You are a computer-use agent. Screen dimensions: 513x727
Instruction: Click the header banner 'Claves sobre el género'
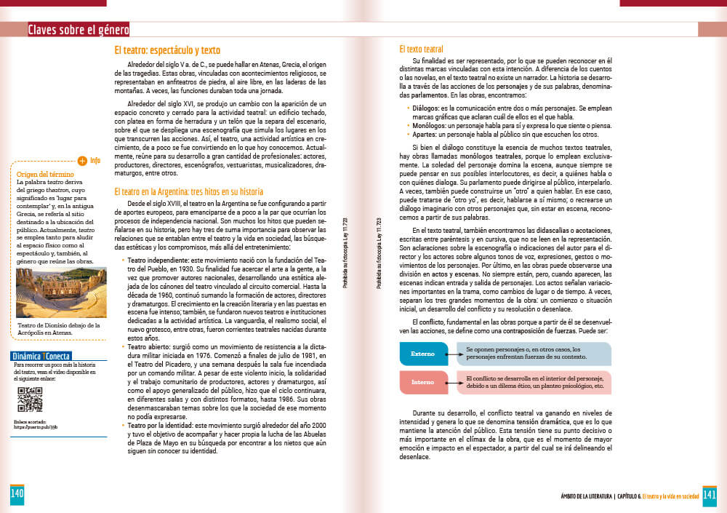[x=78, y=30]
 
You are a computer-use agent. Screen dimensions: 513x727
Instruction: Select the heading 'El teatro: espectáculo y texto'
[x=167, y=50]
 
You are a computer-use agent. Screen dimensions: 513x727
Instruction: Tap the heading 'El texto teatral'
[x=427, y=49]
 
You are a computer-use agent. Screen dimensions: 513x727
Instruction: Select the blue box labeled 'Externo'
[x=423, y=354]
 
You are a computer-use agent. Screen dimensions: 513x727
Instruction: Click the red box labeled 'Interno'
[x=423, y=382]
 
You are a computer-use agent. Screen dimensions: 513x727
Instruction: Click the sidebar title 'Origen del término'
[x=44, y=174]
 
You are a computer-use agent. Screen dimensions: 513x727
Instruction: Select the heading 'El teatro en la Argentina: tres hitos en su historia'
[x=189, y=191]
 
